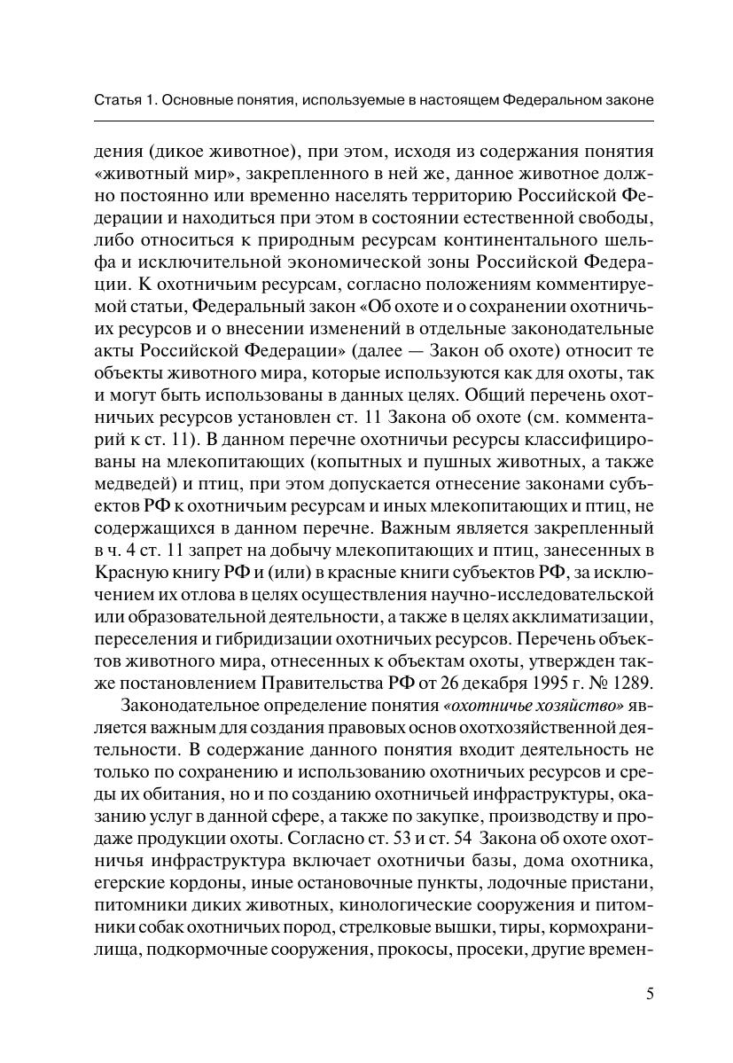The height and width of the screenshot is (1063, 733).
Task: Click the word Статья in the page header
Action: tap(116, 101)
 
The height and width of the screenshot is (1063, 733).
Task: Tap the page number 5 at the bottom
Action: tap(650, 992)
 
